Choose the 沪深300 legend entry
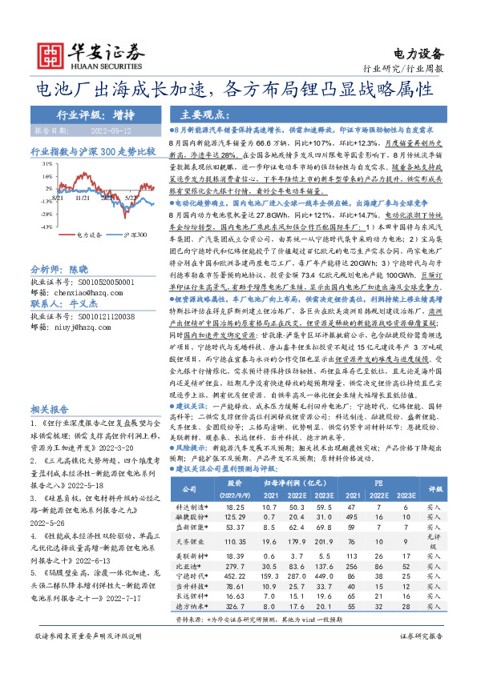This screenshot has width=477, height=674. (135, 235)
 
